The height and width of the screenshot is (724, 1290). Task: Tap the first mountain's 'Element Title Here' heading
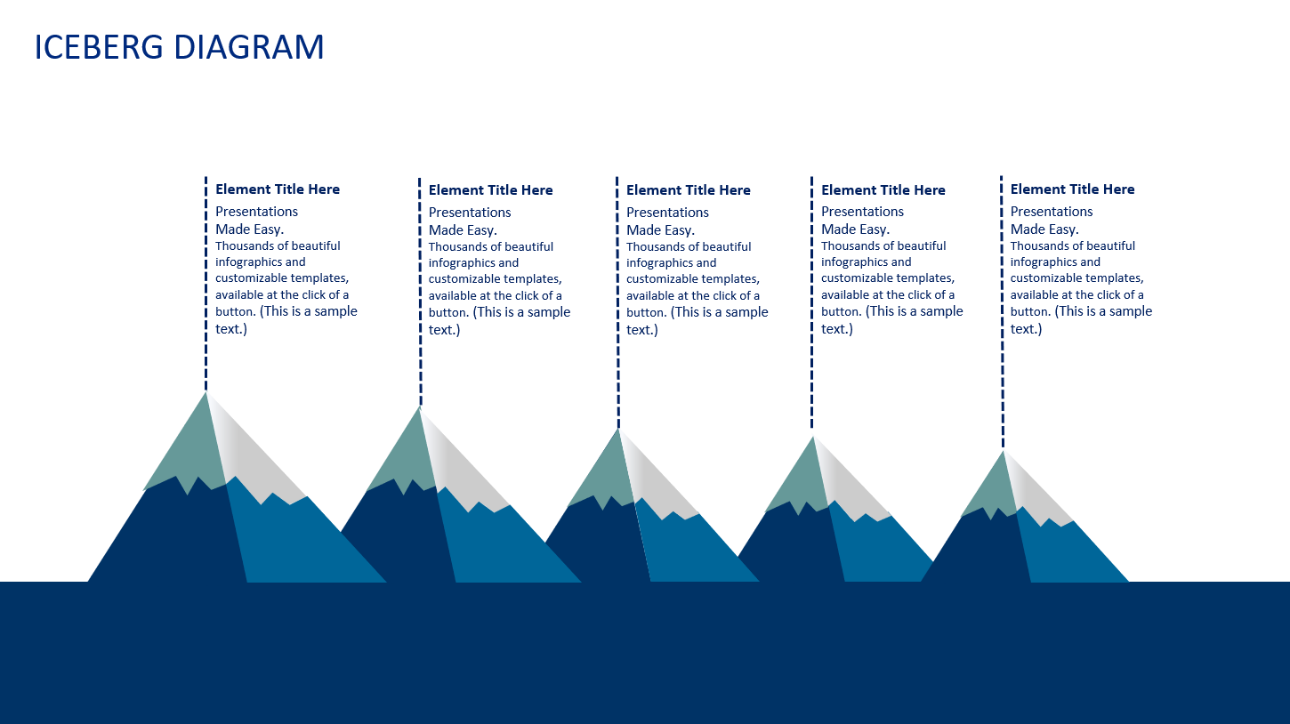point(278,189)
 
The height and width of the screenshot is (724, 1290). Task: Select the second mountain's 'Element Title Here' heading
point(490,190)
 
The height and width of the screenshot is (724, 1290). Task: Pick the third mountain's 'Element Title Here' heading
point(688,190)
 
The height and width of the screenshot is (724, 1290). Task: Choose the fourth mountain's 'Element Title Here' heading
point(883,190)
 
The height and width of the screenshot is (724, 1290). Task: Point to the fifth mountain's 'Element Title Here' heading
point(1072,189)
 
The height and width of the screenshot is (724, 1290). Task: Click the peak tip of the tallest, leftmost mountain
point(206,394)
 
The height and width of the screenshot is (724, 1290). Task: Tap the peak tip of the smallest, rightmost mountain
point(1004,452)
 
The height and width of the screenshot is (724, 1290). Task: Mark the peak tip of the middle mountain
point(617,430)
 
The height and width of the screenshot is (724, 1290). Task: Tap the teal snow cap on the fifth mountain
point(992,489)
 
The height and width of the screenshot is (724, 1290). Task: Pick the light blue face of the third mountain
point(689,547)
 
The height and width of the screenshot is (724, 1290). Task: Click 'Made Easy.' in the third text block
point(660,230)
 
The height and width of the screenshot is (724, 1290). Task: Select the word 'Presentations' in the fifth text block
point(1051,212)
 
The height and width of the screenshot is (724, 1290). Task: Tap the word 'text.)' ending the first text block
point(231,329)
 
